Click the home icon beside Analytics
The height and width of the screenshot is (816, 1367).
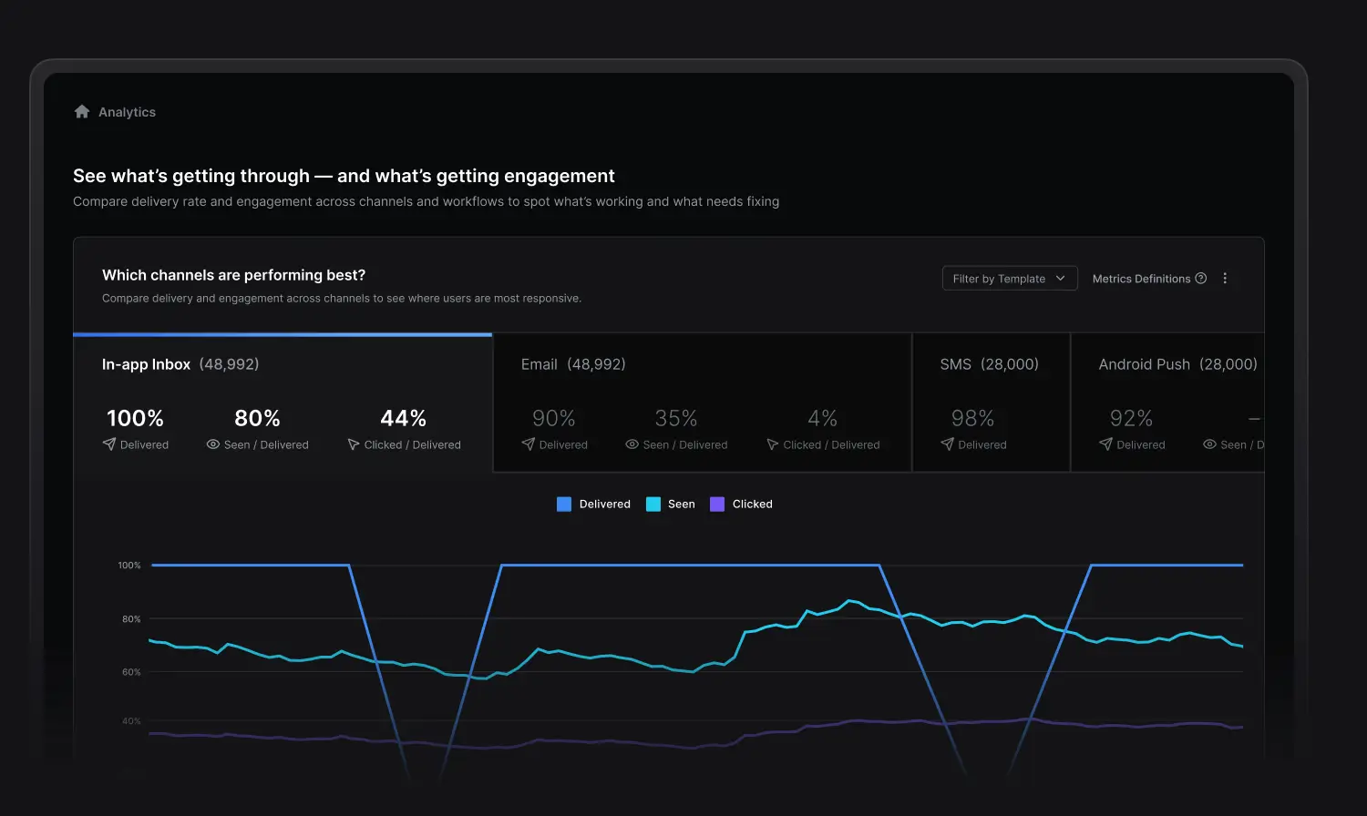82,112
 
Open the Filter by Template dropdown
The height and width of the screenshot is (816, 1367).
1010,279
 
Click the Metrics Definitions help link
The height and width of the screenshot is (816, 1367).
1148,279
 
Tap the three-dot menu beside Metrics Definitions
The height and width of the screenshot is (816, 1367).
1225,279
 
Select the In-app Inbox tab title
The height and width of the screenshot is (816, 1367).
146,364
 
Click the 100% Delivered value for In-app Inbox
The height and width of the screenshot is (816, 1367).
135,418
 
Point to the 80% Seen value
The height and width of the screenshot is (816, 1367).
257,418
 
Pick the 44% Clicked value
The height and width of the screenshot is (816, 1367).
403,418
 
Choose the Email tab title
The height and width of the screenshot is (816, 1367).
539,364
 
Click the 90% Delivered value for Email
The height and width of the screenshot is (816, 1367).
553,418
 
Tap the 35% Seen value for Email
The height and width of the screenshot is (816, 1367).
675,418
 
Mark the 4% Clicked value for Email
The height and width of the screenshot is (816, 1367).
822,418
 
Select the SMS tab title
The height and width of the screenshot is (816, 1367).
956,364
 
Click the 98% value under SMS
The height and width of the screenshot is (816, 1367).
972,418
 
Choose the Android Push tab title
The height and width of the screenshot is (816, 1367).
1144,364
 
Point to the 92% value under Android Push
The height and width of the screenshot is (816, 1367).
1131,418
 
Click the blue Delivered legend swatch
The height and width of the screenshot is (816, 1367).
564,505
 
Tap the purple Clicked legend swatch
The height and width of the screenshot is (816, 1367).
717,505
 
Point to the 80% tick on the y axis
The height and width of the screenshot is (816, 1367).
131,619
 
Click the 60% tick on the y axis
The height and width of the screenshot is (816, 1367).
131,672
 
